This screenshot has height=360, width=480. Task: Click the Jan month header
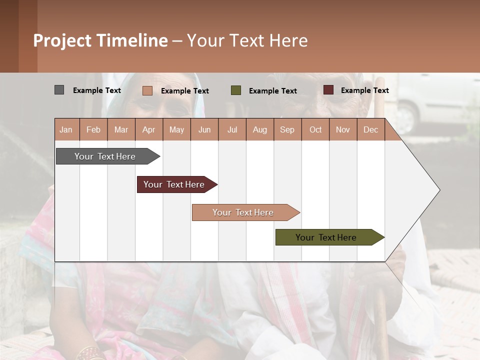[x=66, y=129]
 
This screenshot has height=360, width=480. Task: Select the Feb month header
[x=93, y=129]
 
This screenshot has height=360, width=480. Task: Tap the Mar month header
[x=121, y=129]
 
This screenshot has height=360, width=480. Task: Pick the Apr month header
[x=149, y=129]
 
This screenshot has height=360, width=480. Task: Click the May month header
[x=176, y=129]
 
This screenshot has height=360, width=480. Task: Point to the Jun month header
[x=204, y=129]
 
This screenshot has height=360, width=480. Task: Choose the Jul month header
[x=232, y=129]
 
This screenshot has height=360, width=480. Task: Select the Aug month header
[x=260, y=129]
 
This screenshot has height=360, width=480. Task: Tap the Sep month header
[x=287, y=129]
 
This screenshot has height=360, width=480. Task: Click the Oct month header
[x=315, y=129]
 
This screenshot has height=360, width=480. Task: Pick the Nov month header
[x=343, y=129]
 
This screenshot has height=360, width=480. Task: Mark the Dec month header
[x=370, y=129]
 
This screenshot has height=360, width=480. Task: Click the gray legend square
[x=59, y=90]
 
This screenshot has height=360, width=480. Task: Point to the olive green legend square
[x=236, y=90]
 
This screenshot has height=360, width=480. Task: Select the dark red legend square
[x=328, y=90]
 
